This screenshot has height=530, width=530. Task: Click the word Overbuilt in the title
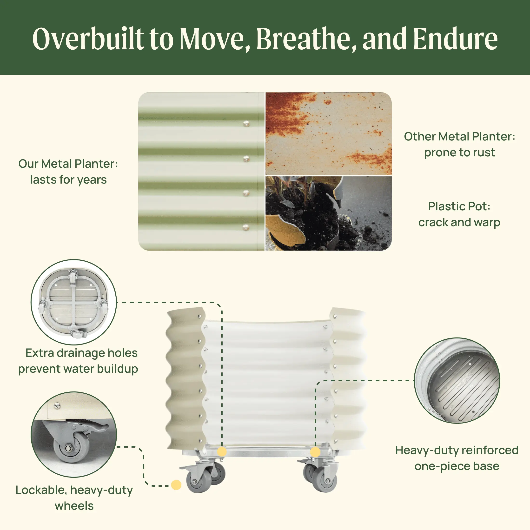tap(88, 39)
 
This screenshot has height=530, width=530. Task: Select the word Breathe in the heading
tap(306, 39)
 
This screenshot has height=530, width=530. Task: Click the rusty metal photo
tap(328, 134)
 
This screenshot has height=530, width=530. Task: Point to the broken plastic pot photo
tap(328, 213)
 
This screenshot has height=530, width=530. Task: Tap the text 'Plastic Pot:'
tap(459, 206)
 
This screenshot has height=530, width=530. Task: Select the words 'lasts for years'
tap(68, 180)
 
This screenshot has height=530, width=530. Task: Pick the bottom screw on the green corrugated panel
tap(246, 227)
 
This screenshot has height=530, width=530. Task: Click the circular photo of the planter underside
tap(74, 302)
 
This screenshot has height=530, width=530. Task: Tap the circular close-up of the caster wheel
tap(74, 435)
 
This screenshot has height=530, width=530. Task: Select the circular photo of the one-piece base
tap(457, 380)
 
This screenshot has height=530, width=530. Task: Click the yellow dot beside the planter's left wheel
tap(176, 485)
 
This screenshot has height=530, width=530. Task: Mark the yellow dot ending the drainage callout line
tap(222, 452)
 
